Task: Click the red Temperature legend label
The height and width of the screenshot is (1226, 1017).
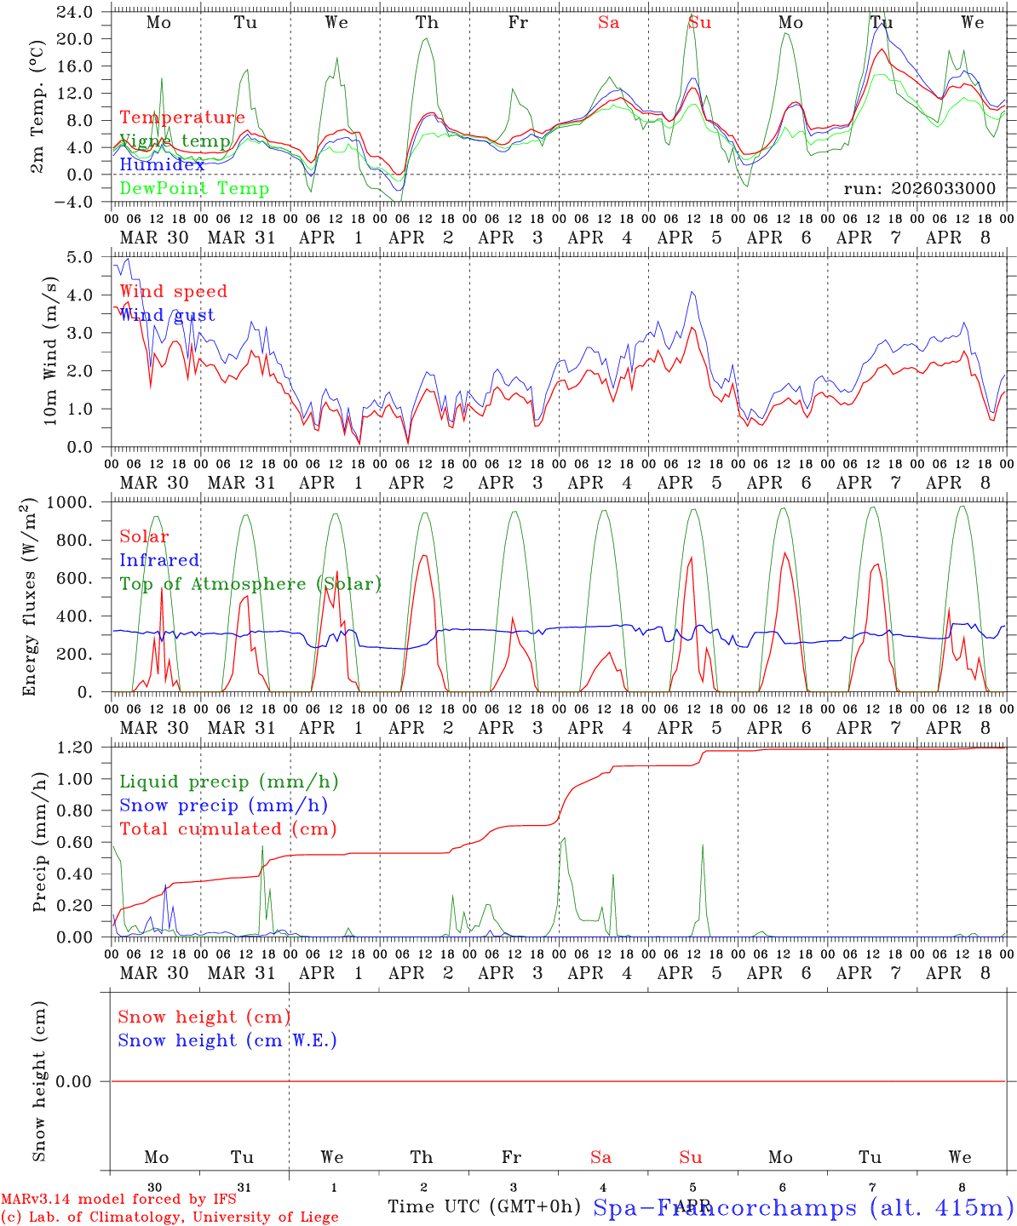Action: [x=182, y=117]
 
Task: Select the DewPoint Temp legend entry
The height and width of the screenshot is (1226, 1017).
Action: [x=194, y=189]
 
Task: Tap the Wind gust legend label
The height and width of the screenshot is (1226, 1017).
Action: [x=167, y=315]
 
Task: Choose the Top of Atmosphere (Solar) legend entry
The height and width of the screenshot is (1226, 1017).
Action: [x=250, y=584]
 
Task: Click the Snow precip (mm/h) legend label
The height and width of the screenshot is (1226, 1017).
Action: [x=223, y=805]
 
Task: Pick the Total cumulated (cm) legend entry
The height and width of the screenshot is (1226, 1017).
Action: [x=227, y=829]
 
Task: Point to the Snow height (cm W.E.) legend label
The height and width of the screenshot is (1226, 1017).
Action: [x=227, y=1040]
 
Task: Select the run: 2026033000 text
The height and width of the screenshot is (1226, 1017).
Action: [x=919, y=189]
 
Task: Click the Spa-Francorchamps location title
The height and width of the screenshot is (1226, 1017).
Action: [x=802, y=1207]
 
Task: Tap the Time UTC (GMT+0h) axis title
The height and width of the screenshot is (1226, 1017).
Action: [x=484, y=1206]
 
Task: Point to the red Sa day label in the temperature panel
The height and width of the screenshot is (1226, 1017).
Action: [x=608, y=23]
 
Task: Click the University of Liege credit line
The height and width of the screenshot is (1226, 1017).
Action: [x=169, y=1217]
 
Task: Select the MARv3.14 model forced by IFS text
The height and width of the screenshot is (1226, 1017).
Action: [x=118, y=1200]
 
